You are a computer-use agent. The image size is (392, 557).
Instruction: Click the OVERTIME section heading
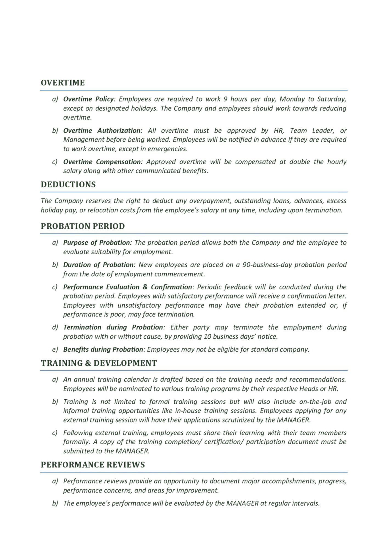point(63,83)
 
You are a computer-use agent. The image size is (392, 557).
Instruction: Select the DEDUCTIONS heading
point(68,184)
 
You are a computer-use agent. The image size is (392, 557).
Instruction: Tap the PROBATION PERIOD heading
point(83,226)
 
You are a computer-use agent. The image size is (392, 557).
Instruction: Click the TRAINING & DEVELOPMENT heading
point(99,363)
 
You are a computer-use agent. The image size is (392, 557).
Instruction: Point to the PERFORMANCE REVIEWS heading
point(93,465)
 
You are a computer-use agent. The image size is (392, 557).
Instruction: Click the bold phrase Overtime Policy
point(88,99)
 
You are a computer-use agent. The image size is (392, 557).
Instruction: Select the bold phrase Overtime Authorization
point(103,130)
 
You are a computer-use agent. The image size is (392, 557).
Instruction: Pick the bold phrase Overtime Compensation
point(103,162)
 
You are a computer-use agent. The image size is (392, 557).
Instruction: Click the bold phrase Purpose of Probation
point(97,243)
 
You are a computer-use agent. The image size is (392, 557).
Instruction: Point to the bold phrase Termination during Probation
point(113,327)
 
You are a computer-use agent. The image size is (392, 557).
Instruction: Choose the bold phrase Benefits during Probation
point(103,349)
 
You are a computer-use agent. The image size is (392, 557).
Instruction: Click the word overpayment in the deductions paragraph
point(209,201)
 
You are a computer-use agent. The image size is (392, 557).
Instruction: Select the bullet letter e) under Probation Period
point(55,349)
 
